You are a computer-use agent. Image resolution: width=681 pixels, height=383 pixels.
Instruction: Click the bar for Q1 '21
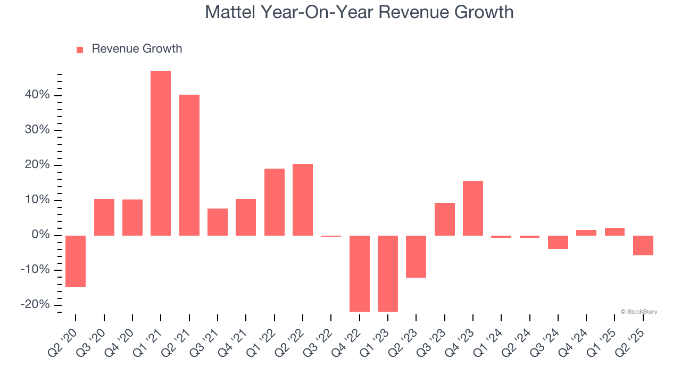click(x=161, y=153)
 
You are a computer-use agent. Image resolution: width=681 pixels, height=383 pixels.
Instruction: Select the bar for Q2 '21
click(x=189, y=165)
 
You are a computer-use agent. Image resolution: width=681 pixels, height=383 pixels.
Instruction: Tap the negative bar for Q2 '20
click(x=76, y=261)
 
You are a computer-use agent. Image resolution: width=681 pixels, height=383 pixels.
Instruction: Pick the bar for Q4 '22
click(x=360, y=273)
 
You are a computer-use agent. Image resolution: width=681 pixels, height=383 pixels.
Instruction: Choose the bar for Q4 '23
click(x=473, y=208)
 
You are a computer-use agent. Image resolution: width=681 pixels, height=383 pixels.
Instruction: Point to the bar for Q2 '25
click(x=643, y=245)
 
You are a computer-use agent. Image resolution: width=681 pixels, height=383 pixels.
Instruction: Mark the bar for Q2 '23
click(x=416, y=256)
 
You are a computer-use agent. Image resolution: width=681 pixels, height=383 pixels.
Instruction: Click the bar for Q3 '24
click(x=558, y=242)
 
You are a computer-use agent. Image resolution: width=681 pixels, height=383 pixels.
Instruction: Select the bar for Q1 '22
click(x=275, y=202)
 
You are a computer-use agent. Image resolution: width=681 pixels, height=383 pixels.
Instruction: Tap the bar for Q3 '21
click(x=218, y=222)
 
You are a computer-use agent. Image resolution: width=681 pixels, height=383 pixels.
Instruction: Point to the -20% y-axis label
click(x=35, y=305)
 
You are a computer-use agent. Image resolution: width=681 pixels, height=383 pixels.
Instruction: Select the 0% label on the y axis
click(x=40, y=235)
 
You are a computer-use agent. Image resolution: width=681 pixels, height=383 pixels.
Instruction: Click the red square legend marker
click(x=80, y=49)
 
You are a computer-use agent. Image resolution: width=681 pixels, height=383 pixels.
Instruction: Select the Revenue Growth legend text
click(x=137, y=49)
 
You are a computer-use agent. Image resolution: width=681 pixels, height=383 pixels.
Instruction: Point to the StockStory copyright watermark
click(x=638, y=312)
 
